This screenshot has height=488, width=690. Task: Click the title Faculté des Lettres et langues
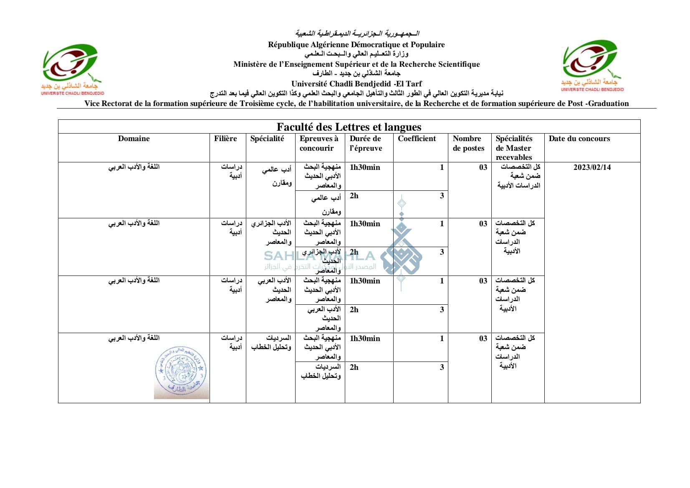pos(349,127)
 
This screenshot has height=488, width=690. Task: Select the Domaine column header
pos(134,139)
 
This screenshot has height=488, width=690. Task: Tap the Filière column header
pos(225,139)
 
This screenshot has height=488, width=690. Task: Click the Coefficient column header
pos(417,139)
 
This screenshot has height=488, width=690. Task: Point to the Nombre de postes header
pos(468,143)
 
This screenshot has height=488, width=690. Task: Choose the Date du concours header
pos(579,139)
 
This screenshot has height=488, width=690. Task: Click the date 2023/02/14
pos(592,167)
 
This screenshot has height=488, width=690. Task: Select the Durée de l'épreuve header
pos(366,143)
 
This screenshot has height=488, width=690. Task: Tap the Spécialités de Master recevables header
pos(514,148)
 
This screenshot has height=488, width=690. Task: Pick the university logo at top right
pos(592,66)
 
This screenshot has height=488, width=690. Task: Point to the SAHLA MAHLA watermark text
pos(319,256)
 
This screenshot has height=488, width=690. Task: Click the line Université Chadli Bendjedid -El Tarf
pos(356,83)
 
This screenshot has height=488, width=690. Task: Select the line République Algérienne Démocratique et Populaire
pos(356,45)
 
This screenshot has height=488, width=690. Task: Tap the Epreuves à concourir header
pos(318,143)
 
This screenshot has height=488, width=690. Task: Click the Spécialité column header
pos(267,139)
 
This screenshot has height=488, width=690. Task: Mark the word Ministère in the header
pos(250,64)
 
